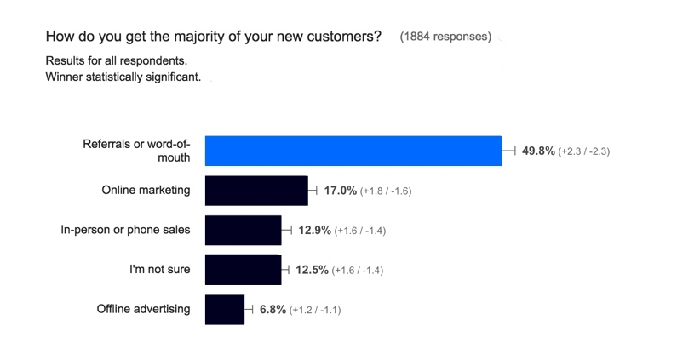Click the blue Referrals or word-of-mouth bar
click(353, 151)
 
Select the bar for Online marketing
click(256, 191)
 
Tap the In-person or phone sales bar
click(243, 230)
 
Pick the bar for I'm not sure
click(243, 270)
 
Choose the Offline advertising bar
click(224, 310)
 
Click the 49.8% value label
click(538, 151)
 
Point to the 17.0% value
click(341, 191)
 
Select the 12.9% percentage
click(313, 230)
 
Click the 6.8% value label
click(273, 310)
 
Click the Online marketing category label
click(146, 190)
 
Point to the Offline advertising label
click(143, 309)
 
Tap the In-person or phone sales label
click(125, 230)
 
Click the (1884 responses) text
click(445, 37)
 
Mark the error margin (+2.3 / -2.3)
click(584, 151)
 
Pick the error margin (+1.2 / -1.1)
click(315, 311)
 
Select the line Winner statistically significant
click(123, 77)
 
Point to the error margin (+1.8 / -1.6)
click(386, 191)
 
